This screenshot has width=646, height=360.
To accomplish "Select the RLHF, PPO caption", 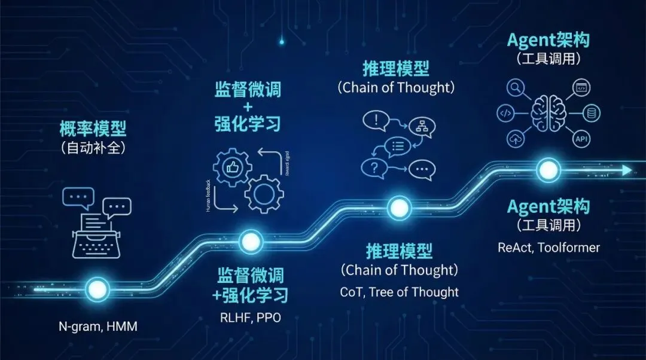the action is [x=250, y=318].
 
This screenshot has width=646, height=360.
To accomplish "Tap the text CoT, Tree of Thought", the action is [x=399, y=292].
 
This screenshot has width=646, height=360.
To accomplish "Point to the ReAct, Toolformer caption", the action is [x=549, y=247].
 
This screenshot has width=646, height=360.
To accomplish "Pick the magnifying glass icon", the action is [x=514, y=89].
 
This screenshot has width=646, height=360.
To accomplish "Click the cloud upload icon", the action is [x=514, y=139].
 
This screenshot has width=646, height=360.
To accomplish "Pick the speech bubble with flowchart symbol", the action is [x=422, y=126].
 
